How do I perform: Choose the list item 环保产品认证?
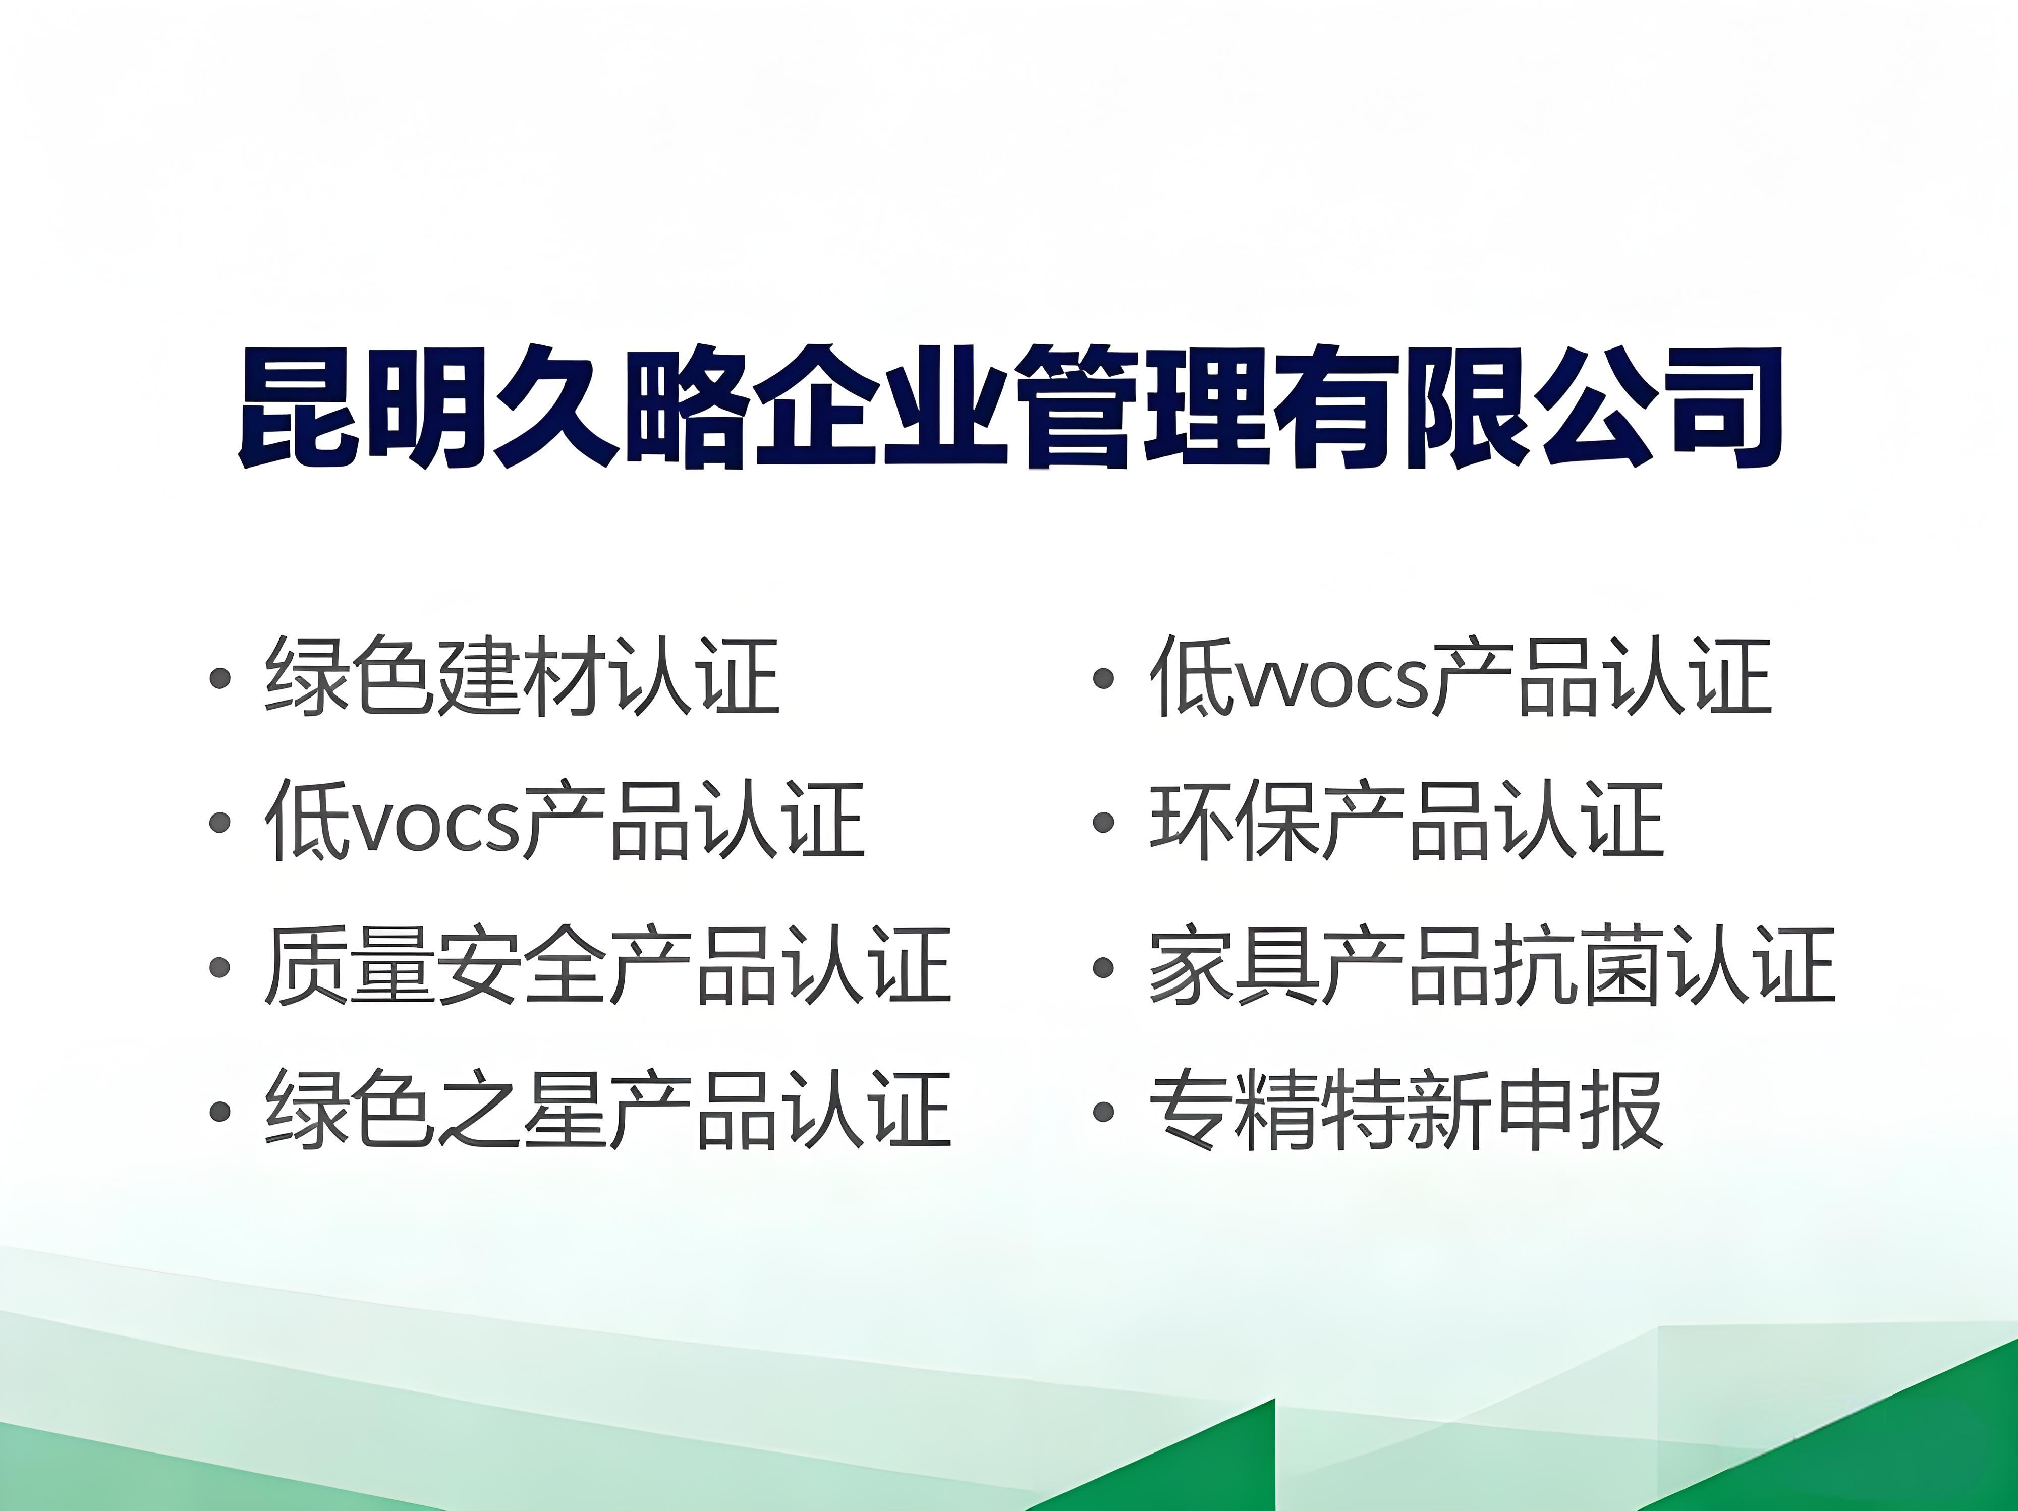pos(1407,821)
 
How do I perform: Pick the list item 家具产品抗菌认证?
pos(1492,966)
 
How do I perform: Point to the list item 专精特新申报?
pos(1407,1110)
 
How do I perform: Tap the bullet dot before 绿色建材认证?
pos(219,678)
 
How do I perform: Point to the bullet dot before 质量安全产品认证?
pos(219,967)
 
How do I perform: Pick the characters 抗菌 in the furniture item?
pos(1578,966)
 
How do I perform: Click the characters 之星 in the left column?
pos(523,1110)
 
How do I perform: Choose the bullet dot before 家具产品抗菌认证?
pos(1104,967)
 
